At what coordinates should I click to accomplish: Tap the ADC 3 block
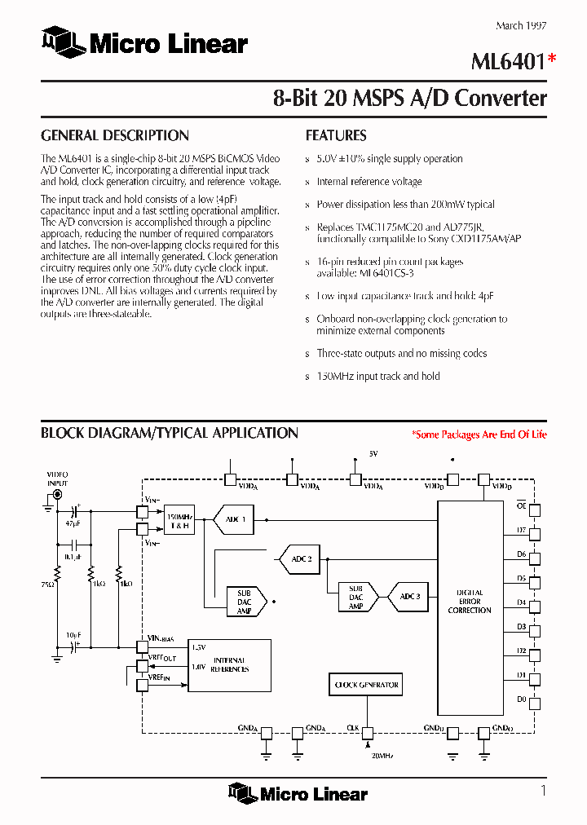coord(410,597)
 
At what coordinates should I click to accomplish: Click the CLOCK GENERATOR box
coord(366,685)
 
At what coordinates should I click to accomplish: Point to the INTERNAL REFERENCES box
coord(229,664)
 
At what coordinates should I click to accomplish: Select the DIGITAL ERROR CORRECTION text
coord(470,602)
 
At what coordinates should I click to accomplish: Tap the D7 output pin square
coord(535,534)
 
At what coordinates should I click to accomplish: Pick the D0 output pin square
coord(535,703)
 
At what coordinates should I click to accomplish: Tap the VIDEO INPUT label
coord(57,478)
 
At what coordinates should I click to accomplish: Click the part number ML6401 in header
coord(507,60)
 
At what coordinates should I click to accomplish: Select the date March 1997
coord(521,26)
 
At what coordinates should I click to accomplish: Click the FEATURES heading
coord(336,135)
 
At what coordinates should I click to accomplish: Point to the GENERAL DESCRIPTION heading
coord(115,135)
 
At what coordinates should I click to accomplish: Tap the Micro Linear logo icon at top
coord(63,41)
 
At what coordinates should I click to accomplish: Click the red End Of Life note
coord(479,435)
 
